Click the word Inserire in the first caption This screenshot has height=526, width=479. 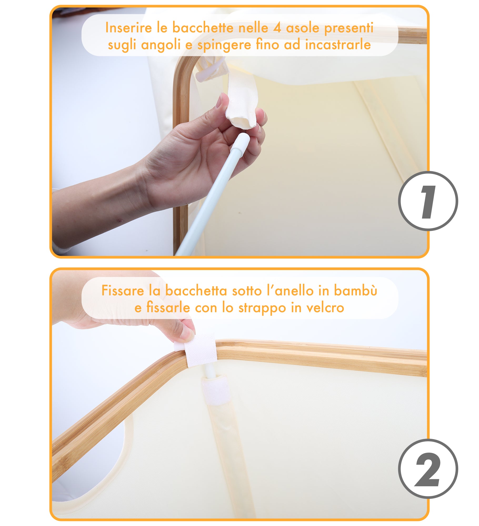tap(129, 28)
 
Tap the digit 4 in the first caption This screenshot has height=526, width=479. tap(277, 28)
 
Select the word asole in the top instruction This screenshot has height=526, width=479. tap(303, 28)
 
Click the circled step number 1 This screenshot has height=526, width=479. tap(428, 201)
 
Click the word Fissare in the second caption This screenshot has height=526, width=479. tap(123, 291)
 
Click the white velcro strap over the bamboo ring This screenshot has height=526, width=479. tap(200, 350)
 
